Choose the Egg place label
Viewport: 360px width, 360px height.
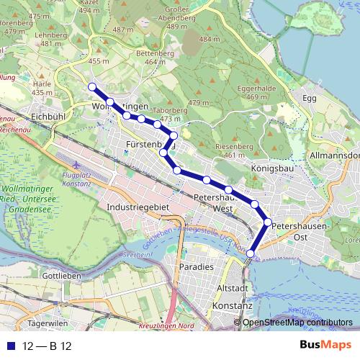point(310,97)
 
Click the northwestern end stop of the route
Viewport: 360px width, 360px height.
point(92,87)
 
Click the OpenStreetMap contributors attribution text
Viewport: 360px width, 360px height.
point(297,322)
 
